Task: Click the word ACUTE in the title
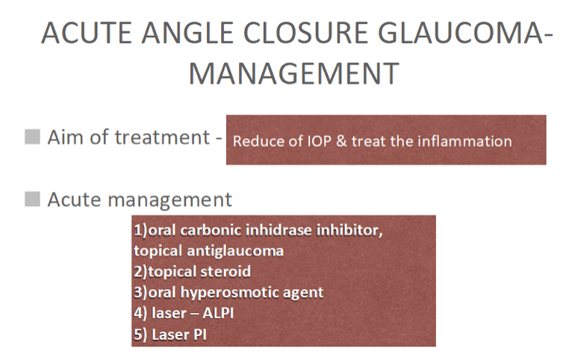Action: tap(87, 33)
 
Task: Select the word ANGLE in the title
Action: tap(187, 33)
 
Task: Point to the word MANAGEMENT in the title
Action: tap(294, 74)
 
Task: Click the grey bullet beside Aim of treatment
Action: tap(32, 137)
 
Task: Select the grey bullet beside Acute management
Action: tap(32, 199)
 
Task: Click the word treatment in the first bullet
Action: tap(162, 137)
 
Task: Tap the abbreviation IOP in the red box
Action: tap(319, 141)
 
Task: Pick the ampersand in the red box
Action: tap(341, 141)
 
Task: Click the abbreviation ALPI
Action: tap(218, 313)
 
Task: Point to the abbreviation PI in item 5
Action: tap(200, 335)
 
